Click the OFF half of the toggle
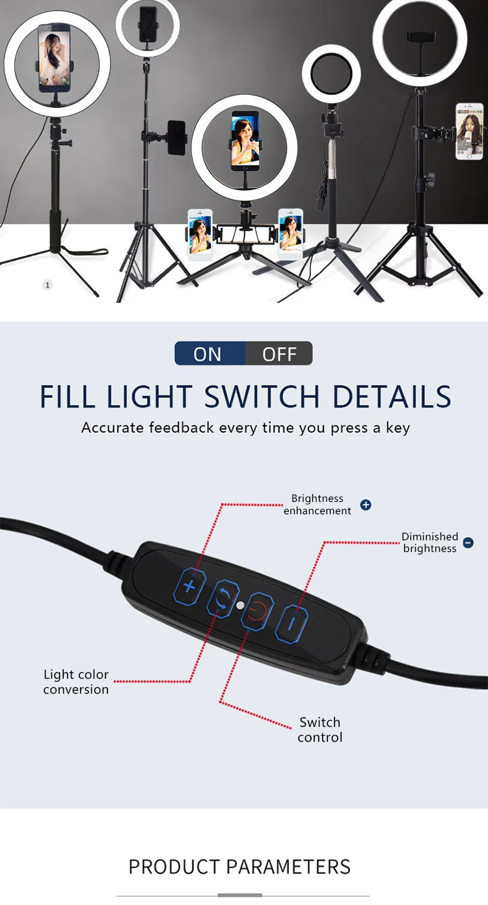pyautogui.click(x=279, y=354)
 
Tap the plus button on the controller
pyautogui.click(x=189, y=586)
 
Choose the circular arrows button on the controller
pyautogui.click(x=223, y=599)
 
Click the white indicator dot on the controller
pyautogui.click(x=241, y=605)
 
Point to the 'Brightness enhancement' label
pyautogui.click(x=318, y=505)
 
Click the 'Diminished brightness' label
pyautogui.click(x=429, y=542)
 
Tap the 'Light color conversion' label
pyautogui.click(x=76, y=682)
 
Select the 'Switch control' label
pyautogui.click(x=319, y=729)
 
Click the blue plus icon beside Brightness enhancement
pyautogui.click(x=366, y=505)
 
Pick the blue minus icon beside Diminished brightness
pyautogui.click(x=468, y=542)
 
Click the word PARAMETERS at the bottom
pyautogui.click(x=288, y=867)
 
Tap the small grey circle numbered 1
pyautogui.click(x=47, y=285)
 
